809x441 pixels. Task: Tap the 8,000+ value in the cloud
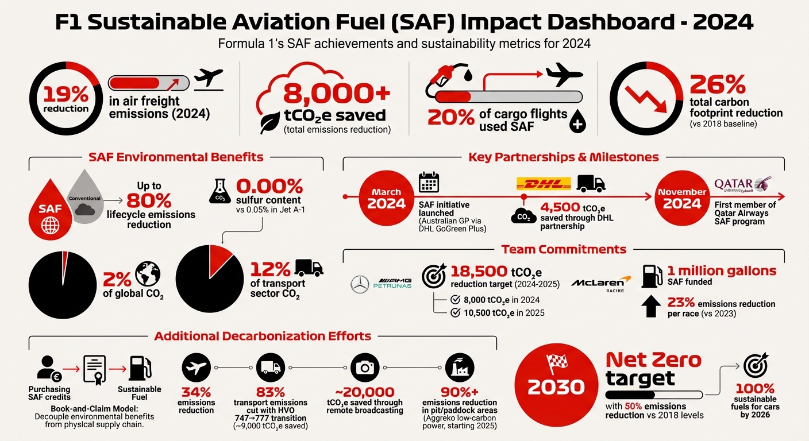(x=337, y=92)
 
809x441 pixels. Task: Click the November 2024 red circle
(x=681, y=199)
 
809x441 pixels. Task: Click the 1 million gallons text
(x=721, y=271)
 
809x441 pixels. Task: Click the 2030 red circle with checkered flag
(x=556, y=381)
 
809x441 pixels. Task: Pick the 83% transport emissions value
(x=271, y=393)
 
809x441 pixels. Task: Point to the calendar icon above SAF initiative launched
(x=429, y=183)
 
